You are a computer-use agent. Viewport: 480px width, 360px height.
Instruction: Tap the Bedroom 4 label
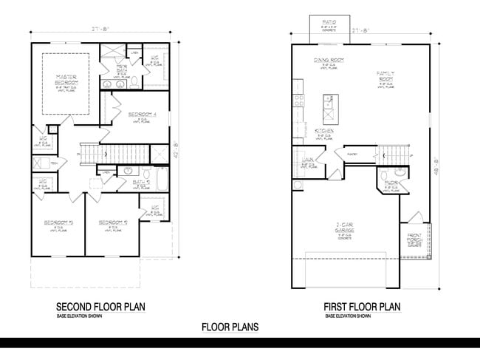click(x=141, y=114)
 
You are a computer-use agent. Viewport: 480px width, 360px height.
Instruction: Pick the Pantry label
click(x=341, y=154)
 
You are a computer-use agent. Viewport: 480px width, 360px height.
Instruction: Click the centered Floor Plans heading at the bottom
click(x=230, y=326)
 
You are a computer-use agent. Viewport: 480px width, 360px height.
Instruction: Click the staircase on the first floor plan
click(x=391, y=154)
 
